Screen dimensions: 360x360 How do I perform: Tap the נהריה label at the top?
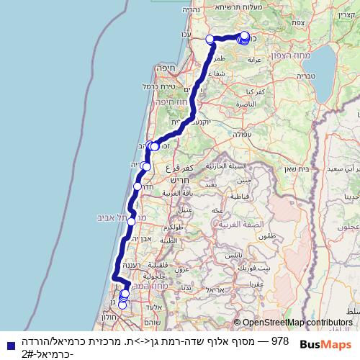210,10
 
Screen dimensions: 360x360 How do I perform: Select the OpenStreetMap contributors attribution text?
297,323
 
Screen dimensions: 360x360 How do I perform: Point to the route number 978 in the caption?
280,341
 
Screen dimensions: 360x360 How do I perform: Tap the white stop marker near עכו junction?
210,39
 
